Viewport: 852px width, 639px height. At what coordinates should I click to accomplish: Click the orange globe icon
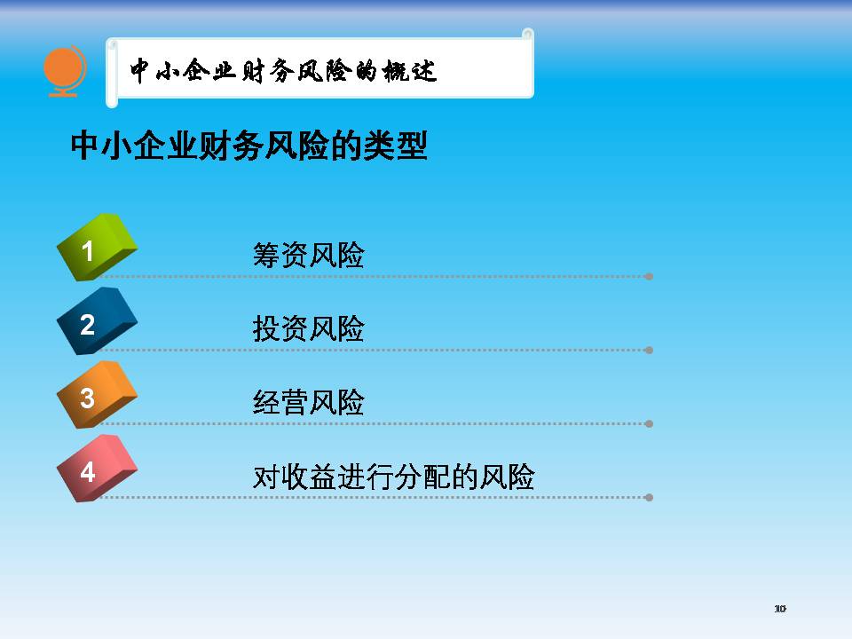(x=64, y=71)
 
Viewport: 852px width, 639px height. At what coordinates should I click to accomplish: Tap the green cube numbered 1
(x=97, y=248)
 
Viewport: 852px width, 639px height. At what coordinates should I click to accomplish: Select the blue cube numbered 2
(x=97, y=321)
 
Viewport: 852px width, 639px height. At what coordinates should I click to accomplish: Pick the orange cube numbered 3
(x=97, y=395)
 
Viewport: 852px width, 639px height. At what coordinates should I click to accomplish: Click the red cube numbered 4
(x=97, y=469)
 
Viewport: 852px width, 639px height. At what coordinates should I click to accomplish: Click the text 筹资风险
(x=309, y=255)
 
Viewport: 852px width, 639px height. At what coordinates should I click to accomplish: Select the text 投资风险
(x=309, y=328)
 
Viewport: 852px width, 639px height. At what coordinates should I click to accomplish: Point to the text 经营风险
(x=309, y=403)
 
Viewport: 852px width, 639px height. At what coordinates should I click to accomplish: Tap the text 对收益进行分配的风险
(x=394, y=477)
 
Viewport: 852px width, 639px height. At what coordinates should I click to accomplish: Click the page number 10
(x=780, y=609)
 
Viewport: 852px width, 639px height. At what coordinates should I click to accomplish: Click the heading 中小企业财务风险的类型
(x=248, y=146)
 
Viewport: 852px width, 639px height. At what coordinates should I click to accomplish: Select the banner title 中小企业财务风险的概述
(x=283, y=71)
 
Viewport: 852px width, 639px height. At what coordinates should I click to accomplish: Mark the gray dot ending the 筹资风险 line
(x=649, y=277)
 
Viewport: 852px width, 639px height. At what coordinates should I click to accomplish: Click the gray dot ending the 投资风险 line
(x=649, y=351)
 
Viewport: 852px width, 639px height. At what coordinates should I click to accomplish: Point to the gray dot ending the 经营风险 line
(x=649, y=424)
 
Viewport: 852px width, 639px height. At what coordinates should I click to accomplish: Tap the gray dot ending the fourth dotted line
(x=649, y=498)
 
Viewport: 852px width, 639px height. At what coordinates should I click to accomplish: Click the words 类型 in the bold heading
(x=396, y=146)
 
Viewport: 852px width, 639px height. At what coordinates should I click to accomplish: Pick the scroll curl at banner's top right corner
(x=527, y=35)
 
